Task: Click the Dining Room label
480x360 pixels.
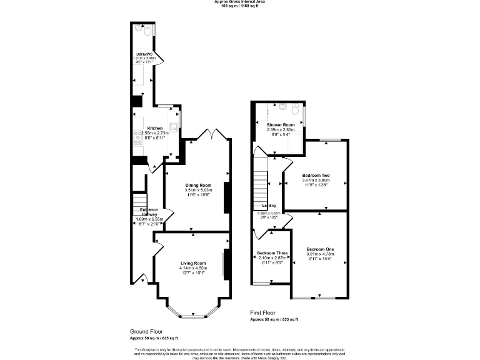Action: tap(197, 185)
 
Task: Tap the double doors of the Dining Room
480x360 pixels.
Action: tap(208, 134)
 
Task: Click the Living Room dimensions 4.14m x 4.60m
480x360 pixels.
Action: tap(193, 268)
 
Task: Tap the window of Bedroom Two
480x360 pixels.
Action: tap(331, 140)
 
